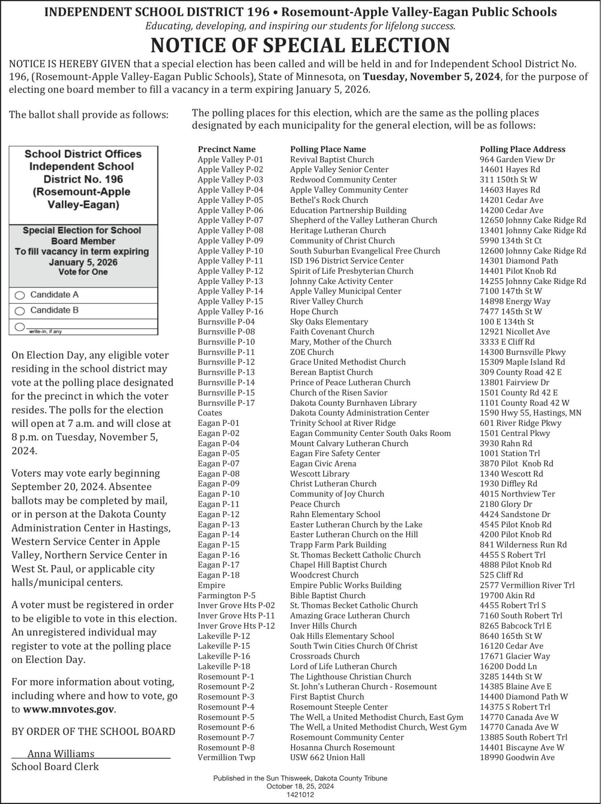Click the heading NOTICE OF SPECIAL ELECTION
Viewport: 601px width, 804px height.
pos(300,45)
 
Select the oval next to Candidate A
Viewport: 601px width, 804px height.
pos(20,295)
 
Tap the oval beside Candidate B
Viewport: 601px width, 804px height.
pos(20,310)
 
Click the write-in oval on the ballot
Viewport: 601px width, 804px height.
pos(20,327)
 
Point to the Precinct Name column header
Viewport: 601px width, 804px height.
pos(226,149)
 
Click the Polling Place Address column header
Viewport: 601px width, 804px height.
pos(522,149)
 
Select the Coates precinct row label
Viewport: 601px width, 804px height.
pos(210,413)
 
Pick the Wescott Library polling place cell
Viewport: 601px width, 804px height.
pos(320,474)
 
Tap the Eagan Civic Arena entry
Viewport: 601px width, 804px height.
pos(323,464)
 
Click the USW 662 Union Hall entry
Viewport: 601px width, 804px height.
pos(327,757)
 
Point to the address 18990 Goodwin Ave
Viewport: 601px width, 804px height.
pos(517,757)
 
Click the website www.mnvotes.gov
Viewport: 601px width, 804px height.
pos(69,709)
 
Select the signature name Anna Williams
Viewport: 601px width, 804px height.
pos(61,754)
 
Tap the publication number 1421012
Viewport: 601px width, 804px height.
pos(300,794)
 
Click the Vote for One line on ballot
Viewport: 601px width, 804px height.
pos(83,272)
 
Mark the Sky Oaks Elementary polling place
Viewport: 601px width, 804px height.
pos(329,322)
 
